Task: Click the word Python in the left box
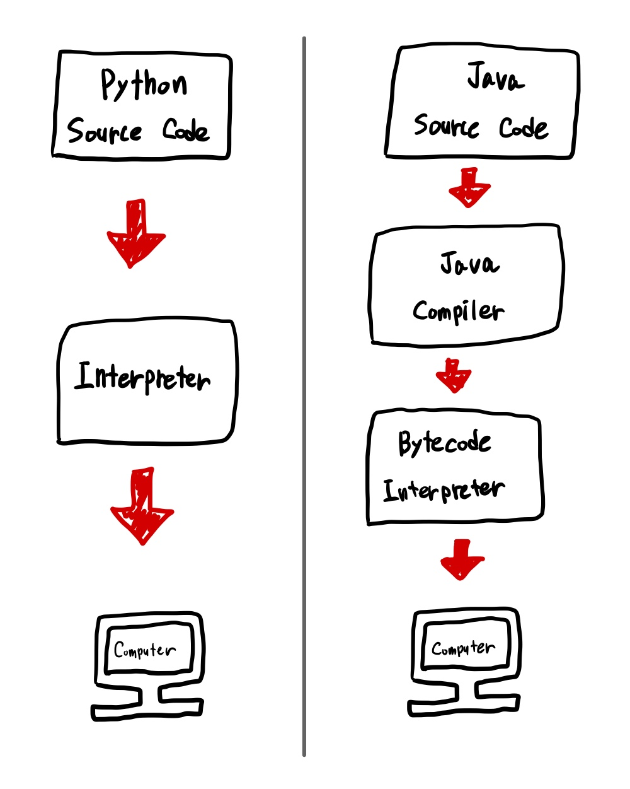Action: [144, 85]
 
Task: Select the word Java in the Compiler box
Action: [469, 263]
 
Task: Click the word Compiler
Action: [458, 311]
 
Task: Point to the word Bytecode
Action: [444, 443]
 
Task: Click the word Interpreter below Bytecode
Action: [444, 490]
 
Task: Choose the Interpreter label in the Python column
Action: [142, 377]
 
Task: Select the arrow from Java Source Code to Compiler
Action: [469, 188]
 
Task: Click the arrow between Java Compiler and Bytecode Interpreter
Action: [454, 376]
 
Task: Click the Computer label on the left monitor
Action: [145, 650]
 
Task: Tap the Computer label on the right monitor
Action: [464, 648]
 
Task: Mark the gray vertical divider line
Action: [304, 397]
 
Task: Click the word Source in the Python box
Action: [105, 131]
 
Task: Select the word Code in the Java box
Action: [524, 127]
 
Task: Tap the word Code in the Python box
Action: [186, 130]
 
